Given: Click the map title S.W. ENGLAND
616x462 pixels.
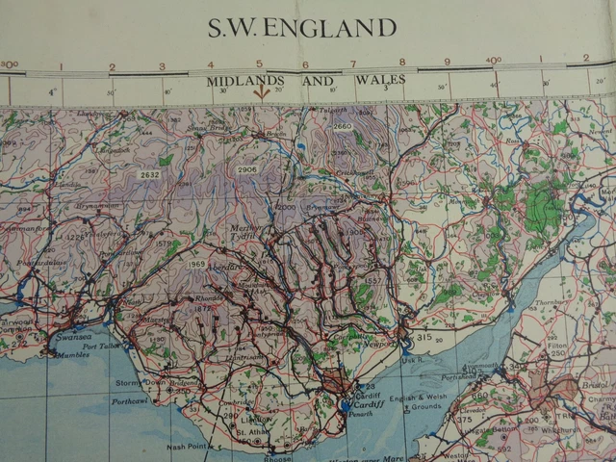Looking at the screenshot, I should coord(302,27).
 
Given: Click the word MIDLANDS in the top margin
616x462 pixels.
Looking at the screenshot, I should coord(244,81).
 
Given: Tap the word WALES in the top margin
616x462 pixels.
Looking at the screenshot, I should coord(380,80).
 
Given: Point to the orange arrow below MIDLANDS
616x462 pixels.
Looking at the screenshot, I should coord(260,93).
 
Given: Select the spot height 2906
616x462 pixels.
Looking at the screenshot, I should coord(246,170).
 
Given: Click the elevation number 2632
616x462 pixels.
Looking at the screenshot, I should coord(149,175).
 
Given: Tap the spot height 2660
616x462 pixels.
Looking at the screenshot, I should coord(343,127).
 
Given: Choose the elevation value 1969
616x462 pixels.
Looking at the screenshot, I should coord(196,264).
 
